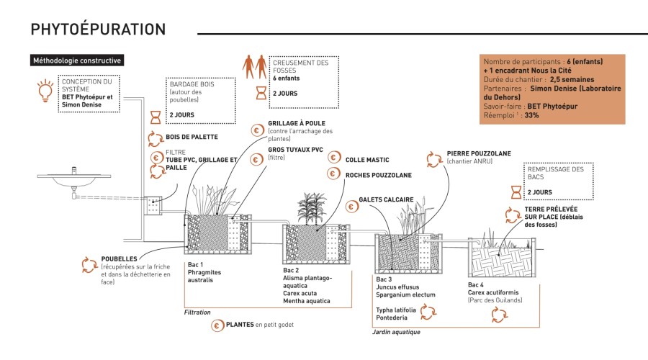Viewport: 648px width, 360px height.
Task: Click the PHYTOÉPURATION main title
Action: [98, 30]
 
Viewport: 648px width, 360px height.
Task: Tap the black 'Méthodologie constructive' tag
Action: [77, 61]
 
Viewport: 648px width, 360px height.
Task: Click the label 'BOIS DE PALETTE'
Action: [192, 136]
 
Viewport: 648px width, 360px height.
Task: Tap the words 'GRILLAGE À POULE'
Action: [296, 123]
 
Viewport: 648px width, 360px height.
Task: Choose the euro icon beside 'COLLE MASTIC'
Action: [334, 158]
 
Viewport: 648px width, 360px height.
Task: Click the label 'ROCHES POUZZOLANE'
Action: [378, 174]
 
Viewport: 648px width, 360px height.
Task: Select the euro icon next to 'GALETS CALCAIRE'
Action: [352, 206]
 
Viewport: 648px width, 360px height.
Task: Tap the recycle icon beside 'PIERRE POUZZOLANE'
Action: [433, 158]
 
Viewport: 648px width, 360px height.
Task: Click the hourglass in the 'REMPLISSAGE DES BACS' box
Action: [516, 192]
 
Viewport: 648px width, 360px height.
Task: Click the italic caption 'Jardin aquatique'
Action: [396, 332]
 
